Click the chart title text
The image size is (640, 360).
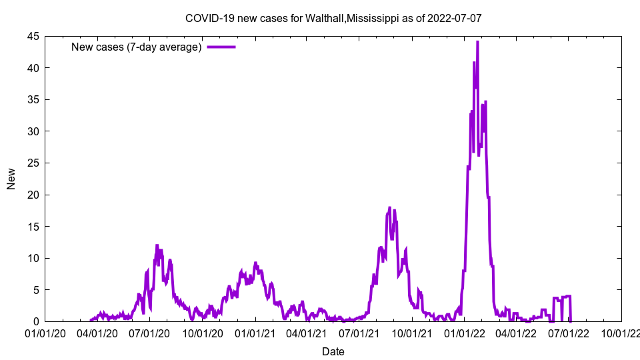tap(333, 19)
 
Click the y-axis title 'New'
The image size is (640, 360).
tap(11, 179)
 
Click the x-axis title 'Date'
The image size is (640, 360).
tap(333, 351)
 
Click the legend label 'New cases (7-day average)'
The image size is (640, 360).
tap(136, 47)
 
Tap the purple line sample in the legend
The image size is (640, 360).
tap(221, 47)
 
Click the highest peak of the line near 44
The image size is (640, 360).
tap(477, 42)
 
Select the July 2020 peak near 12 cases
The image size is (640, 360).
tap(157, 245)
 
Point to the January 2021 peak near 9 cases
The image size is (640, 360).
tap(255, 263)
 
